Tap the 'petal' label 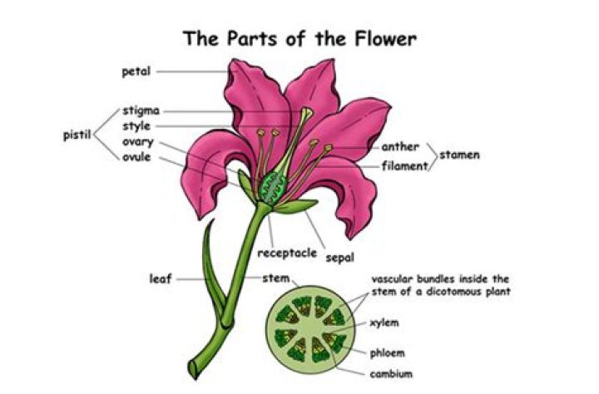(136, 71)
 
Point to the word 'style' (136, 126)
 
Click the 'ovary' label (138, 141)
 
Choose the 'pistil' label (77, 134)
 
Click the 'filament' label (404, 165)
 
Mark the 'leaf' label (161, 278)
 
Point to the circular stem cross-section (309, 328)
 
